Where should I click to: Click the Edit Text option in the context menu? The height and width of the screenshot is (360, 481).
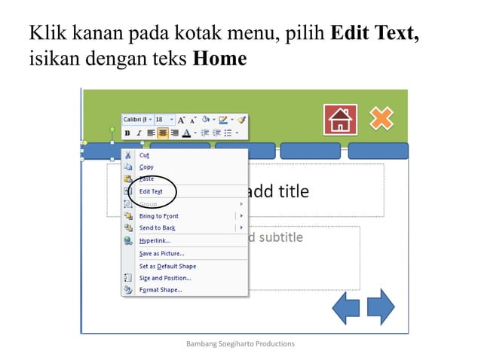[151, 191]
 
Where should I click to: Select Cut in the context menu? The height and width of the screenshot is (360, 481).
[144, 154]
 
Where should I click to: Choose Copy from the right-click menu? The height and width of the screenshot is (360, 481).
[146, 166]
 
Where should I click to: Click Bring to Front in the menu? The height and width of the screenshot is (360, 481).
[158, 215]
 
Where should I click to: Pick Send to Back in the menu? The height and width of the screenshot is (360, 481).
[157, 227]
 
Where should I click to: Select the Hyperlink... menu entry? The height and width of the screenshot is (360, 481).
[155, 240]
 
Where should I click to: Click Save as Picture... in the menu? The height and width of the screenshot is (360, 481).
[161, 253]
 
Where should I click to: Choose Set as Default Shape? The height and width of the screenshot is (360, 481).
[167, 266]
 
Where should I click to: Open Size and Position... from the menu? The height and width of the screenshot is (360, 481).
[165, 278]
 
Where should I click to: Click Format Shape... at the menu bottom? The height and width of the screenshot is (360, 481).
[161, 289]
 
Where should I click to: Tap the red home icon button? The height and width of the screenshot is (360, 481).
[340, 120]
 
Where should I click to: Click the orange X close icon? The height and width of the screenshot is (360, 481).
[381, 118]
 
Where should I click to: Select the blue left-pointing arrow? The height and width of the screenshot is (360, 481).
[346, 307]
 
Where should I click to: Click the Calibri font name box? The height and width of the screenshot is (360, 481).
[136, 119]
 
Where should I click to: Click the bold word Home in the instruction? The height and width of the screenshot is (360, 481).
[220, 58]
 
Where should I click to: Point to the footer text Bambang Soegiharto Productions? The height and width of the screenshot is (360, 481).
[240, 343]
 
